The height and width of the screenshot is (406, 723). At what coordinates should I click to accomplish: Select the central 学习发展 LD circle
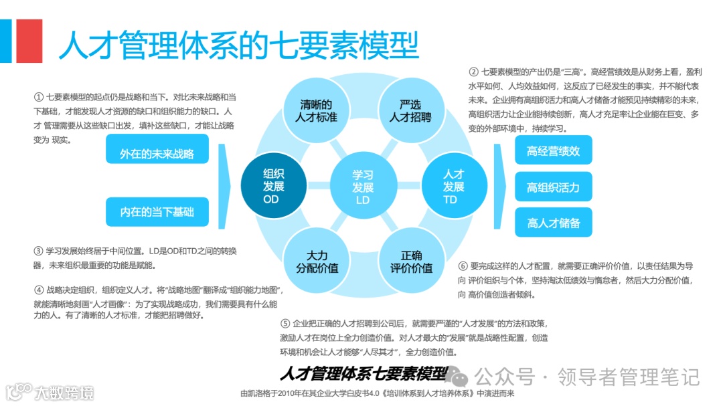pos(363,185)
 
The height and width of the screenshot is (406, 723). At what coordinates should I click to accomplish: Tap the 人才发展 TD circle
pos(453,185)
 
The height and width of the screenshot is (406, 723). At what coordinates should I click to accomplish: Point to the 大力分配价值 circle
pos(317,262)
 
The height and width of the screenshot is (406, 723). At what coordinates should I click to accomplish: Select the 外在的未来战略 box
pos(157,153)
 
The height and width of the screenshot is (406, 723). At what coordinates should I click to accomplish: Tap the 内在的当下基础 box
pos(157,211)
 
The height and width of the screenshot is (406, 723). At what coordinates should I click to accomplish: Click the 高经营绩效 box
pos(553,150)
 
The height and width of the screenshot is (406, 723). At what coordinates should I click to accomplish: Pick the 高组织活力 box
pos(553,187)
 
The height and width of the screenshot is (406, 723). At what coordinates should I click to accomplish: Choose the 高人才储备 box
pos(553,223)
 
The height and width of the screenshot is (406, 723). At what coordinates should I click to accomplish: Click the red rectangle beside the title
pos(29,40)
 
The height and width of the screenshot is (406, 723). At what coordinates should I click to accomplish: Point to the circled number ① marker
pos(38,97)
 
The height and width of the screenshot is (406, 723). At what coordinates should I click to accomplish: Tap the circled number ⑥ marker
pos(463,266)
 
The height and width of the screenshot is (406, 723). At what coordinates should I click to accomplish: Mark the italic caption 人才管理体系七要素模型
pos(364,373)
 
